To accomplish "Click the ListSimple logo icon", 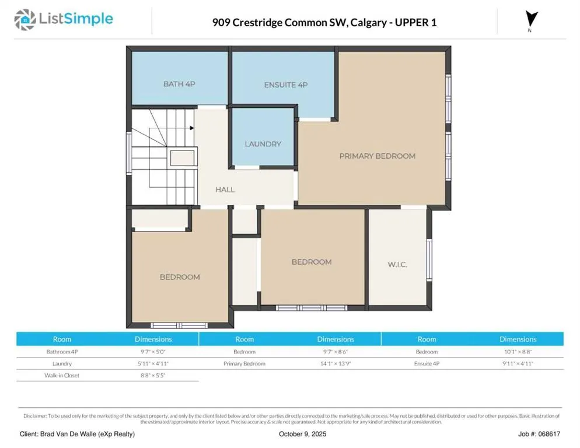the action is [25, 20].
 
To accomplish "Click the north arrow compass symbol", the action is [532, 19].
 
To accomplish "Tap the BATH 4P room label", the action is [179, 84].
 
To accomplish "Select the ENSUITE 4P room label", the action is [286, 85].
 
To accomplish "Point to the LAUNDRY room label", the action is [263, 144].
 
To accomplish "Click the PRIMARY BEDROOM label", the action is [378, 156].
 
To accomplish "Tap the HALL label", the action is [225, 190].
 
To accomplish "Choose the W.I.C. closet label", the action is [397, 264].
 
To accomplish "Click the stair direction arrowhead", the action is [192, 128].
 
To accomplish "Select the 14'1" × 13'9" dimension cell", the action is [336, 363].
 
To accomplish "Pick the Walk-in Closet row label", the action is [62, 376].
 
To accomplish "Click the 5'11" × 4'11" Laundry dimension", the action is [153, 363].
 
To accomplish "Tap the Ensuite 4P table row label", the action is [427, 363].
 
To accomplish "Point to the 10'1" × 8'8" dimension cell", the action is [518, 352].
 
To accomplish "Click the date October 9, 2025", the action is [303, 434].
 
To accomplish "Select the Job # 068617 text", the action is [539, 434].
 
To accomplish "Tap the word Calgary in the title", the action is [368, 23].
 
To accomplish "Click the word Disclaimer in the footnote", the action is [35, 416].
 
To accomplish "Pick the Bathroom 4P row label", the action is [62, 352].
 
